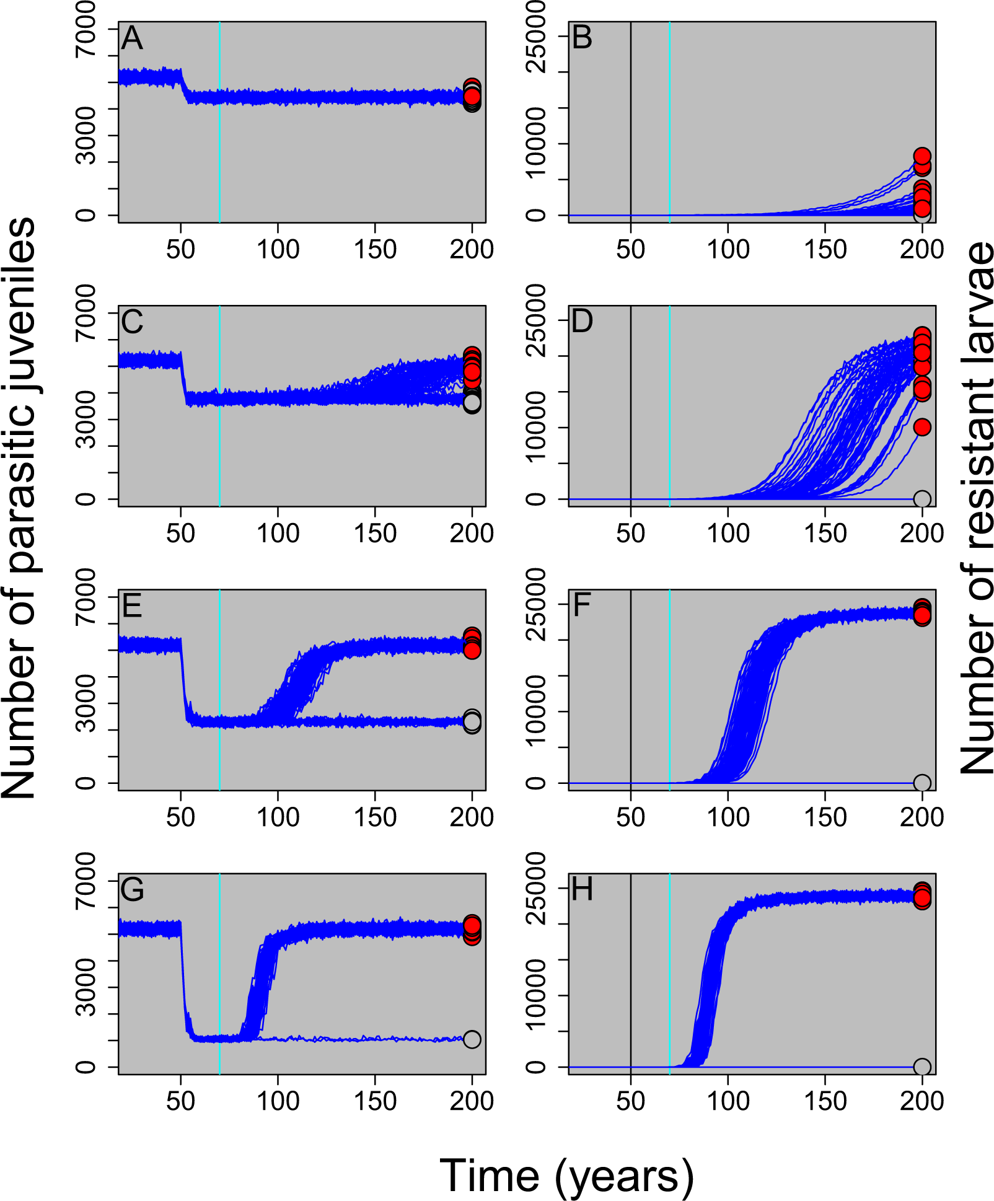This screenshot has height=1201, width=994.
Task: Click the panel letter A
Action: click(x=132, y=38)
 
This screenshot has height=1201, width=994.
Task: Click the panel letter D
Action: click(x=582, y=322)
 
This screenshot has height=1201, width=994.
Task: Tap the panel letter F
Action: click(x=581, y=605)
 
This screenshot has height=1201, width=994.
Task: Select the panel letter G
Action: click(x=133, y=890)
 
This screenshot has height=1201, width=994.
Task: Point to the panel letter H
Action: click(x=582, y=890)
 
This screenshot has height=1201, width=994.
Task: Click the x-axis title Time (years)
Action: click(x=566, y=1176)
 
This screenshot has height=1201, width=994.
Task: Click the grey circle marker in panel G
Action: click(x=472, y=1039)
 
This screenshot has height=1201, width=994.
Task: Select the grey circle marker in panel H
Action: click(x=922, y=1067)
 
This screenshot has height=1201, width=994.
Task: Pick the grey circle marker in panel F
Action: click(x=922, y=783)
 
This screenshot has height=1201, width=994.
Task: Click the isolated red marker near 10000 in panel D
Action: click(x=922, y=427)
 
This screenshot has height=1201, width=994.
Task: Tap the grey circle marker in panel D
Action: click(x=922, y=499)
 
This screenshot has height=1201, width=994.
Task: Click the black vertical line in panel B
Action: click(x=630, y=124)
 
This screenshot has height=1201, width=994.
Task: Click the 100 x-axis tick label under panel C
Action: click(x=278, y=534)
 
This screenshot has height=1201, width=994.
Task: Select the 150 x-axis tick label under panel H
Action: click(x=825, y=1101)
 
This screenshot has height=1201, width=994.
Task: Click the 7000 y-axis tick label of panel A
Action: click(x=86, y=30)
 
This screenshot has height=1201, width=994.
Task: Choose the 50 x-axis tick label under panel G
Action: click(x=180, y=1101)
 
